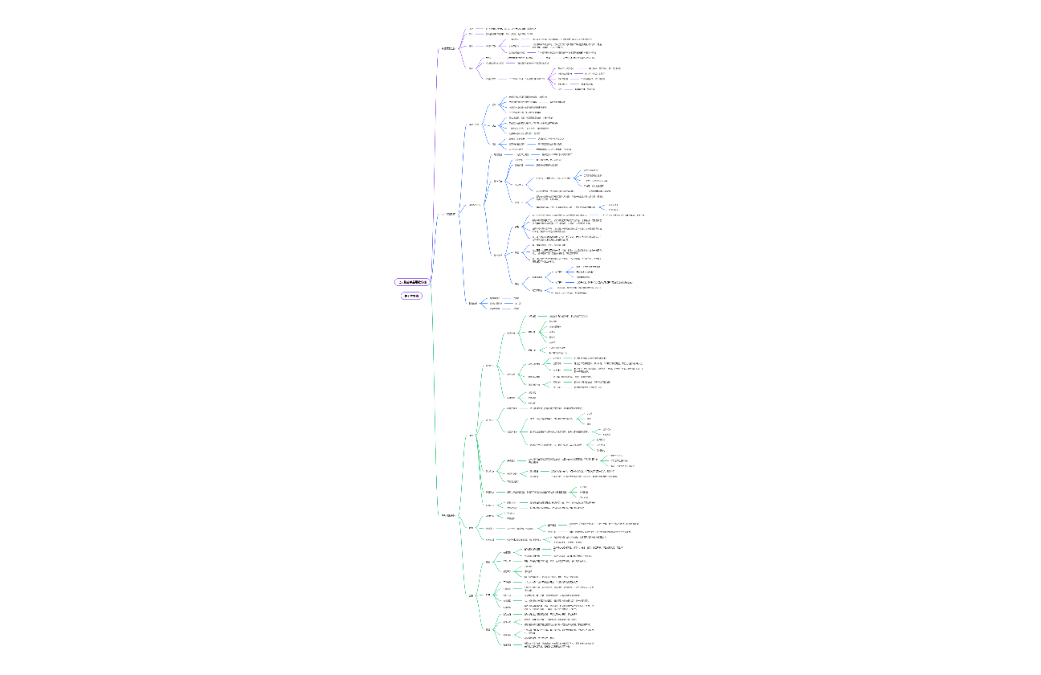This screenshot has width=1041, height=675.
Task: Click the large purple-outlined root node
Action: click(413, 282)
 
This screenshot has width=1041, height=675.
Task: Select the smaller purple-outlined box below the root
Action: click(411, 296)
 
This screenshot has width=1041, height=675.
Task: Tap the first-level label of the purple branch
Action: click(447, 48)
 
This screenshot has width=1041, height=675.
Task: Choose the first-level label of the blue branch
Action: click(451, 215)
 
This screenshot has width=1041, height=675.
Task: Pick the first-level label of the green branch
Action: click(448, 514)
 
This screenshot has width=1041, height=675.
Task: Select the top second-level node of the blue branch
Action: click(473, 125)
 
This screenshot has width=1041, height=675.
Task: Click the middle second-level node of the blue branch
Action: click(475, 204)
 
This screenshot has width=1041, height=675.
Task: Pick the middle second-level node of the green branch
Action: click(472, 528)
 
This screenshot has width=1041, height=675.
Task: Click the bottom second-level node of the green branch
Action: click(471, 595)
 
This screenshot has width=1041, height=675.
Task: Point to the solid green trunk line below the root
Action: click(433, 402)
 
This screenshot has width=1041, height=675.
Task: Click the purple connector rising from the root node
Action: click(433, 161)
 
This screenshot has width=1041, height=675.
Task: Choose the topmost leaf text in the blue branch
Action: click(527, 96)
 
